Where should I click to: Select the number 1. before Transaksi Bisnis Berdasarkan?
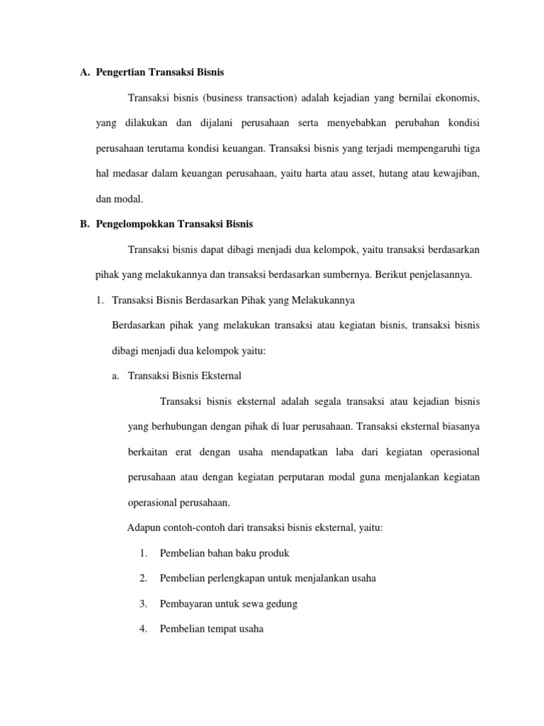click(99, 300)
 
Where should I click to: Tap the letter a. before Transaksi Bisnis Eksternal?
click(115, 376)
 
